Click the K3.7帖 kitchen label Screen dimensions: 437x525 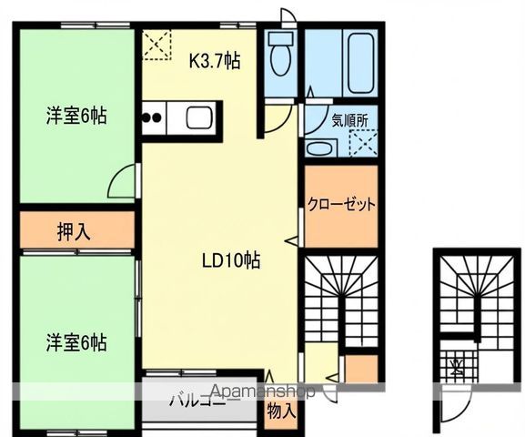click(x=215, y=62)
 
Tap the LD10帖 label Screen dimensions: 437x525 click(x=231, y=259)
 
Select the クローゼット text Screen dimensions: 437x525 click(x=340, y=204)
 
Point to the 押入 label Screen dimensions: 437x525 click(x=74, y=231)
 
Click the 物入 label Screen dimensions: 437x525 click(x=281, y=411)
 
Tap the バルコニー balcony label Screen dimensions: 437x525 click(x=197, y=398)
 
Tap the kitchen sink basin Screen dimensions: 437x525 click(x=199, y=117)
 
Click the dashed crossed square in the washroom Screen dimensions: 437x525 click(x=364, y=143)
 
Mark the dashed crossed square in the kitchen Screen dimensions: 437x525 click(x=156, y=45)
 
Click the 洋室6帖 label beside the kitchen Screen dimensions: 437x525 click(x=77, y=116)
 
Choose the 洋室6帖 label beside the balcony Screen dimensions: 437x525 click(x=77, y=343)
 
